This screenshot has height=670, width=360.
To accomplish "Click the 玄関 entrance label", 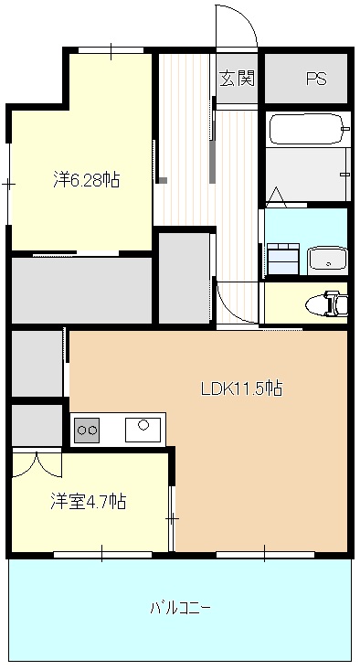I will click(236, 79).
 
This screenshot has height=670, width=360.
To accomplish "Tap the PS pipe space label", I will click(315, 79).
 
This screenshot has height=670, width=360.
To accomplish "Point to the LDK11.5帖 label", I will click(241, 388).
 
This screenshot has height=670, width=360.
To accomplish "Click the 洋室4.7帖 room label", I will click(88, 501).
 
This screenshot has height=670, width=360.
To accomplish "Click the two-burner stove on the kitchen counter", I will click(87, 428).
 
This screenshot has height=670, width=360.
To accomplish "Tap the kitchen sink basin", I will click(143, 427).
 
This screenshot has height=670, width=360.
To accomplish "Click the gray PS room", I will click(306, 79).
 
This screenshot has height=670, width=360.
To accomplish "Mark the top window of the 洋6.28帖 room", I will click(111, 50).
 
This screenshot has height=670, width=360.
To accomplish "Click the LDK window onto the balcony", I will click(265, 553).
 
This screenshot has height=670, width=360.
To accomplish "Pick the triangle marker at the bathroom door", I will click(277, 196).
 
